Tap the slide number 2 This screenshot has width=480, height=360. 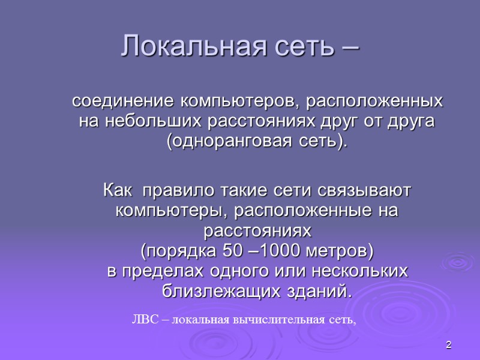(x=448, y=345)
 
